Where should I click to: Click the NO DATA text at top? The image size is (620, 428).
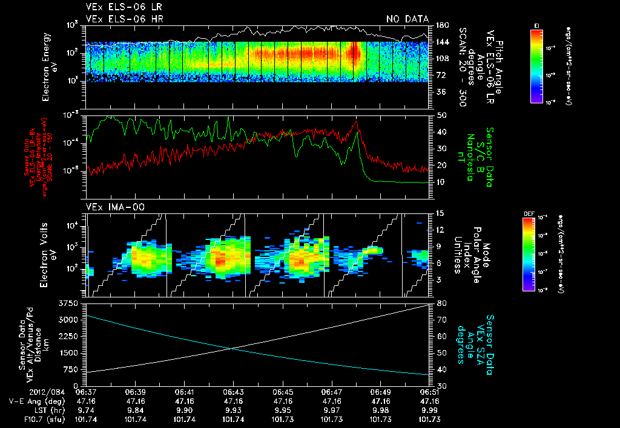tap(407, 19)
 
